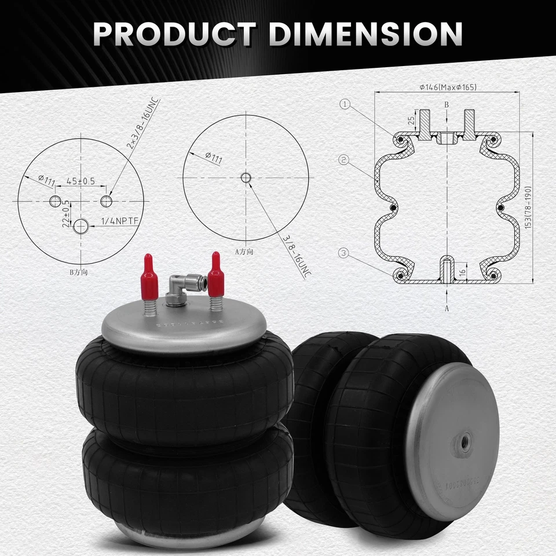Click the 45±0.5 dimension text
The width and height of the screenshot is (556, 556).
pyautogui.click(x=80, y=181)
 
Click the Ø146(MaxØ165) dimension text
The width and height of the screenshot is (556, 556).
pyautogui.click(x=448, y=87)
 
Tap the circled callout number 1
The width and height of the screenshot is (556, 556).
pyautogui.click(x=345, y=104)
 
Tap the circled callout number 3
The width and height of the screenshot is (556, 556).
pyautogui.click(x=345, y=252)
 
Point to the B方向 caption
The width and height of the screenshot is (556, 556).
pyautogui.click(x=81, y=270)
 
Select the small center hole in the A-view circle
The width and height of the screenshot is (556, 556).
pyautogui.click(x=246, y=177)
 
